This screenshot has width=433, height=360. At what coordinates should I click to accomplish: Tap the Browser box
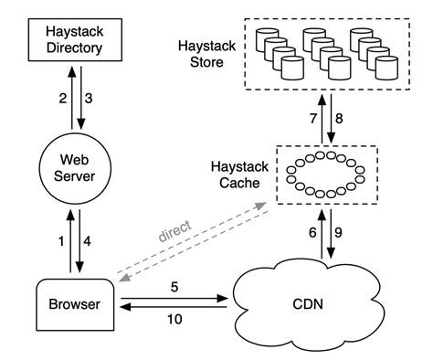click(x=75, y=302)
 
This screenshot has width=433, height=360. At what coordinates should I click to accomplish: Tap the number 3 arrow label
click(x=89, y=98)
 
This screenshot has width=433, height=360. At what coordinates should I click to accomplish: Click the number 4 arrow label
click(x=89, y=240)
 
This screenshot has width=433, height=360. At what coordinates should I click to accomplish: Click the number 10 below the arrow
click(x=174, y=319)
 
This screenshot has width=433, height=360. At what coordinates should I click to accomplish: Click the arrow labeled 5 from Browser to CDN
click(x=174, y=297)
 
